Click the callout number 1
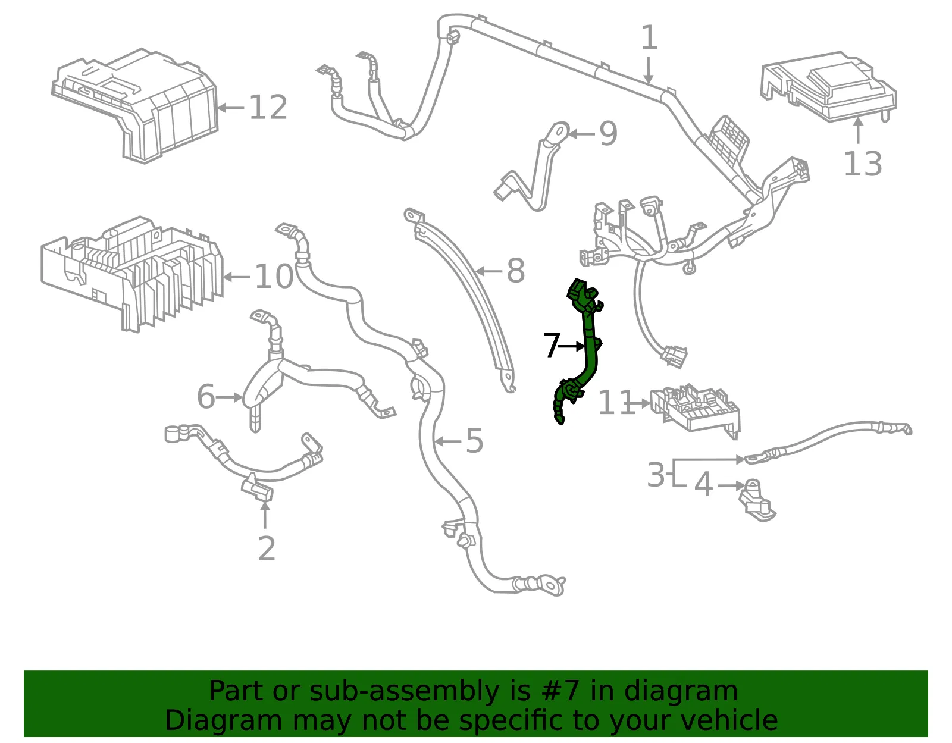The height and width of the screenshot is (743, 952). point(649,37)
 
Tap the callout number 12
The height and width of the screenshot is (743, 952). point(268,107)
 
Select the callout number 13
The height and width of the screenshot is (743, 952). point(863,164)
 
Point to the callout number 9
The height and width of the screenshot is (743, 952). point(608,133)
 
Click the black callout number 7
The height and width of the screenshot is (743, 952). point(552,345)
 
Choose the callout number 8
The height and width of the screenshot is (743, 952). point(516,271)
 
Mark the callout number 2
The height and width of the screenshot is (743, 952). point(267,548)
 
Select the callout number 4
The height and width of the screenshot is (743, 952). point(704,485)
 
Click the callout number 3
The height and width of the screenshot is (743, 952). point(656,474)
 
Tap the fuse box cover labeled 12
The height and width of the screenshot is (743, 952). point(136,105)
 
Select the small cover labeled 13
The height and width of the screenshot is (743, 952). point(828,86)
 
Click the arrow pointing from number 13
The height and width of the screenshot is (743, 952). point(859,130)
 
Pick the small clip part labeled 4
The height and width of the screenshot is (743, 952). point(757,500)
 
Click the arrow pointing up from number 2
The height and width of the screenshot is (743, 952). point(265,515)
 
